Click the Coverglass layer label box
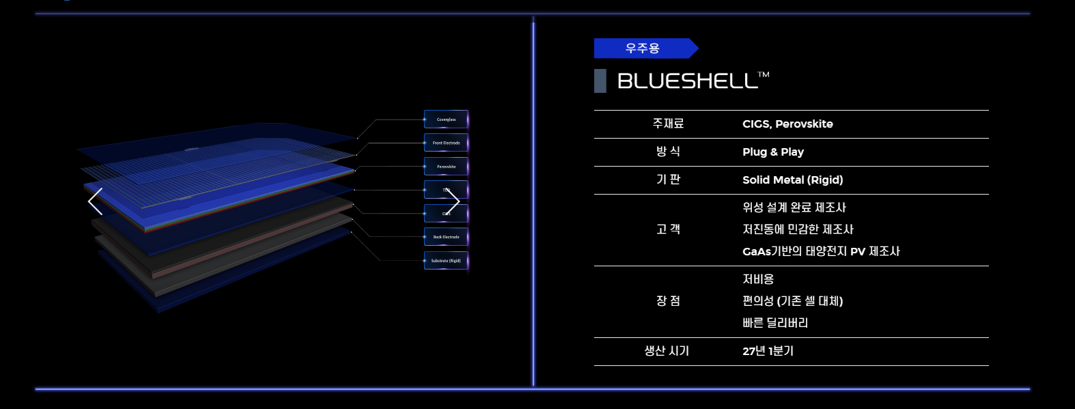(446, 119)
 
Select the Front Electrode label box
(446, 143)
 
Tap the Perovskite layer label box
(446, 167)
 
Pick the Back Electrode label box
(446, 237)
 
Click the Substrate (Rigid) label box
(446, 261)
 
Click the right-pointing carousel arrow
(453, 201)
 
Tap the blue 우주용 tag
(643, 48)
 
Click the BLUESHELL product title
(687, 81)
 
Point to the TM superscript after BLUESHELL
(764, 74)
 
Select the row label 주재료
(668, 124)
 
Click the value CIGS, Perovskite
(787, 124)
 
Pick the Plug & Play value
(773, 152)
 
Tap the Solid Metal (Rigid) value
(792, 180)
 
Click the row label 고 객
(668, 229)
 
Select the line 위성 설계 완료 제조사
(794, 208)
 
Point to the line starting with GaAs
(821, 251)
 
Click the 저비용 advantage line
(758, 279)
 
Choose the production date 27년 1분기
(768, 351)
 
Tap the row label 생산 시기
(667, 351)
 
